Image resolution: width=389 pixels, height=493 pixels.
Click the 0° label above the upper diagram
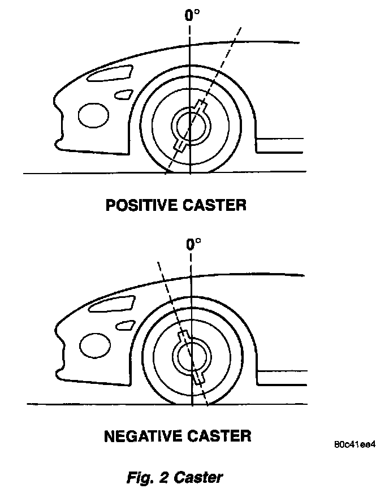(x=192, y=15)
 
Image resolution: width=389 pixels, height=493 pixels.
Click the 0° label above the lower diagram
(x=193, y=244)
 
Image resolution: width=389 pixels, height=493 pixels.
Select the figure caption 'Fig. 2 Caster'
(x=174, y=477)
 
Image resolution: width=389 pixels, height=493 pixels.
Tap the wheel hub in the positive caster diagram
(x=190, y=126)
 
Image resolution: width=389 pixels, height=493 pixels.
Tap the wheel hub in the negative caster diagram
(x=191, y=357)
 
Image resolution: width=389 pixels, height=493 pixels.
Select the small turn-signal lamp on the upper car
(x=123, y=94)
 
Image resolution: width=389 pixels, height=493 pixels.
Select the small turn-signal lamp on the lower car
(x=124, y=325)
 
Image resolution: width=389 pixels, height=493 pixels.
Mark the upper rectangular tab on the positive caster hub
(x=201, y=107)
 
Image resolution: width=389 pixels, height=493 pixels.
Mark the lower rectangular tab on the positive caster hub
(x=180, y=145)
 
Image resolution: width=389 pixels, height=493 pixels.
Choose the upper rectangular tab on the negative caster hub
(x=183, y=338)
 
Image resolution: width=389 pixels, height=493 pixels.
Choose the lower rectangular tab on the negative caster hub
(x=199, y=377)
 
